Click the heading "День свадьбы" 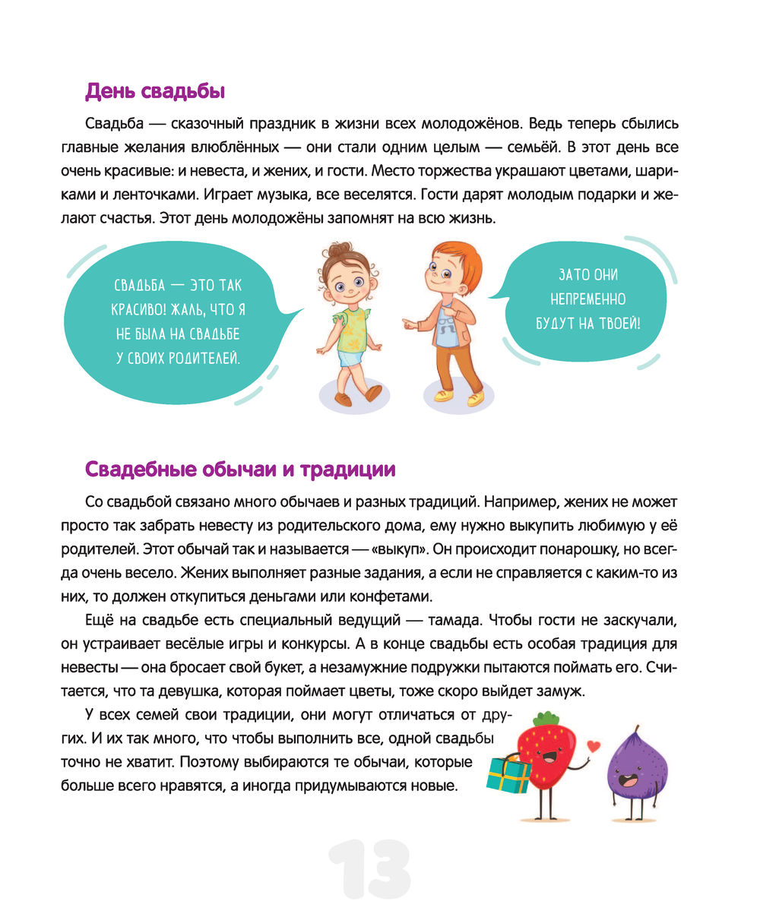(x=155, y=92)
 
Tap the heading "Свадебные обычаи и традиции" (x=240, y=470)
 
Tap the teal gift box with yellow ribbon (x=508, y=773)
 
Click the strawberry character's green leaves (x=545, y=719)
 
